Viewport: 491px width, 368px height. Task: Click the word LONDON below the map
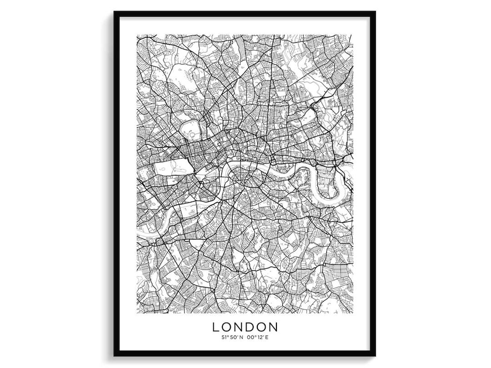[x=245, y=327]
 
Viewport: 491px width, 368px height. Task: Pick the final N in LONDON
[x=273, y=327]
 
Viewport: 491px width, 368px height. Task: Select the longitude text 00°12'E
[x=258, y=338]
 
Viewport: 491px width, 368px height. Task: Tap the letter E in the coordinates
[x=267, y=338]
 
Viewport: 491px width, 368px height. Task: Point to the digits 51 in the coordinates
[x=224, y=338]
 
